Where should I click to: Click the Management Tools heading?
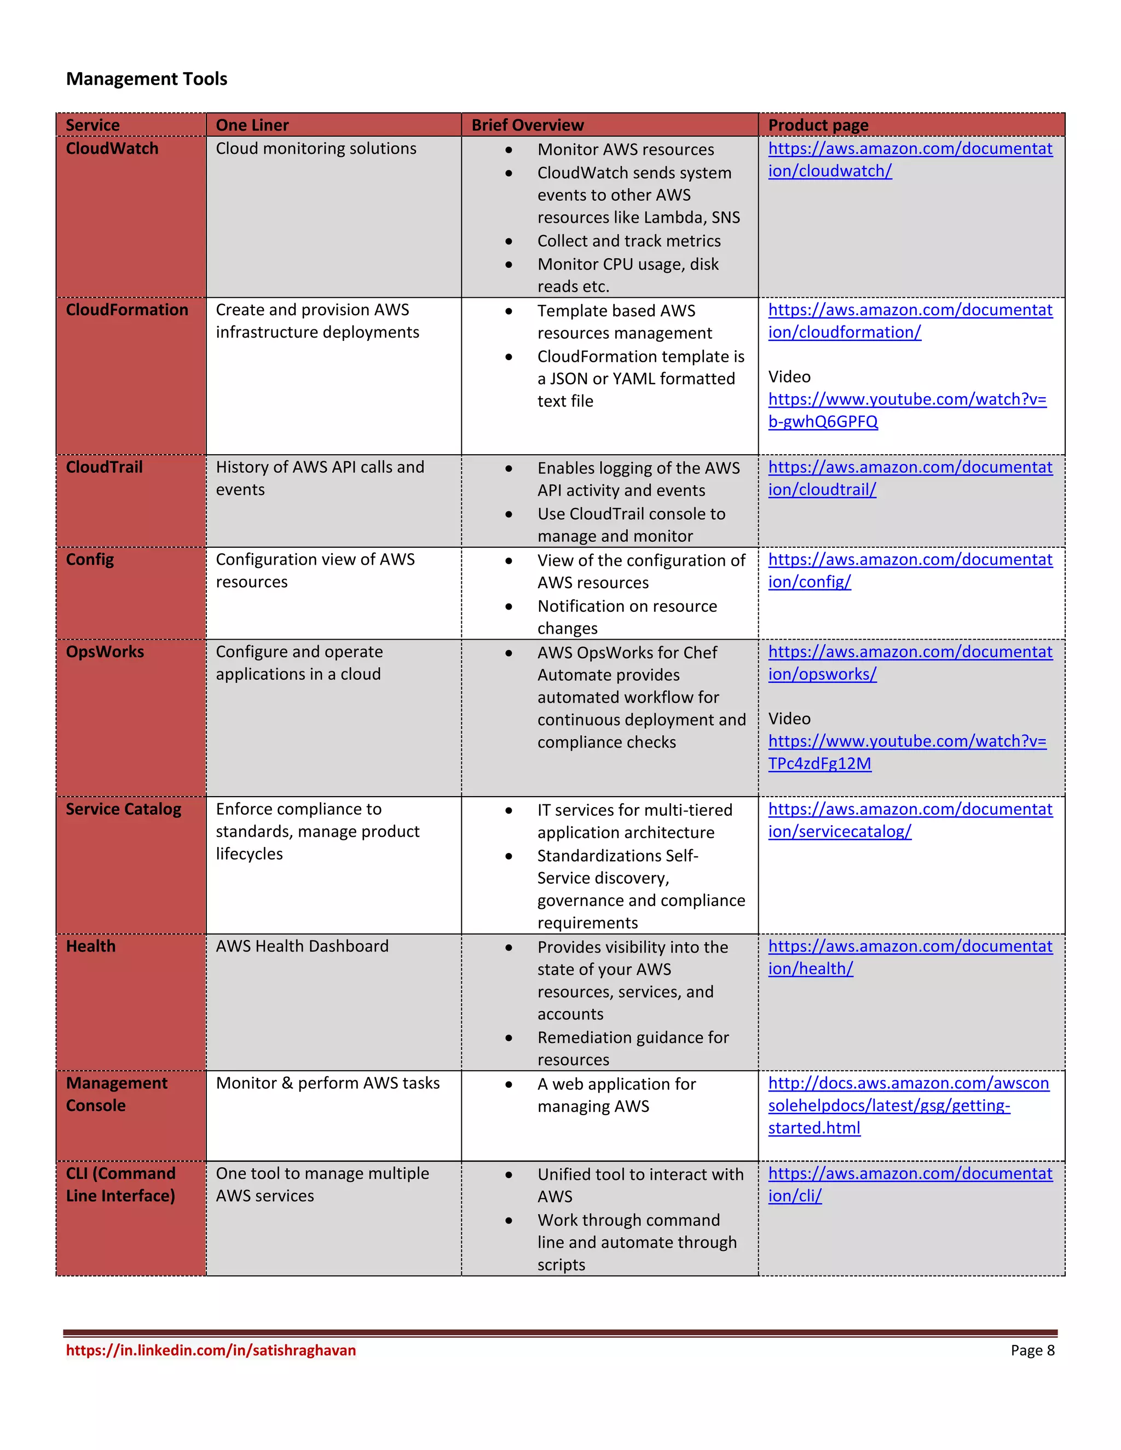[x=146, y=79]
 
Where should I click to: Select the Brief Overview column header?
[x=527, y=125]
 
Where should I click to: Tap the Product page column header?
[x=818, y=125]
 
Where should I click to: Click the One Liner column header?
[x=252, y=125]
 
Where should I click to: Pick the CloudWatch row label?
[x=112, y=149]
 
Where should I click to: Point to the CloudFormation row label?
[x=126, y=310]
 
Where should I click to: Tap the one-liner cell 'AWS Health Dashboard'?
[x=302, y=946]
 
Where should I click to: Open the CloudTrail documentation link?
[x=909, y=478]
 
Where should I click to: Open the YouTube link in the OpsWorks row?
[x=906, y=752]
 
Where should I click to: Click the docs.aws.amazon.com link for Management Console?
[x=908, y=1105]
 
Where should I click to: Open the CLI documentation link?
[x=909, y=1185]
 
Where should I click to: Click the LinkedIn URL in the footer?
[x=211, y=1350]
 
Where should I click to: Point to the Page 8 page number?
[x=1032, y=1350]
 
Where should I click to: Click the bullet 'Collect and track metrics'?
[x=628, y=241]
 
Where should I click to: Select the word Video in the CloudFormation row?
[x=789, y=377]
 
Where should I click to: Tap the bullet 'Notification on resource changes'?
[x=626, y=617]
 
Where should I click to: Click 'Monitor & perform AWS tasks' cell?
[x=327, y=1083]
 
